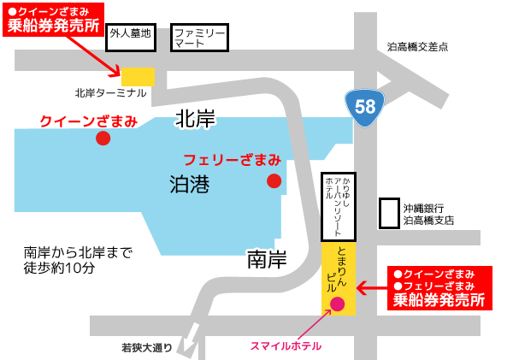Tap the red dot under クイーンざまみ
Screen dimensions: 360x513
coord(103,138)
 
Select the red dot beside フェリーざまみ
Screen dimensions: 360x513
coord(274,180)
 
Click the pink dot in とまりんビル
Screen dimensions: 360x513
coord(337,304)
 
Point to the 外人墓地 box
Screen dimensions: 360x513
coord(130,35)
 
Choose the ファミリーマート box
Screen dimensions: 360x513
coord(199,35)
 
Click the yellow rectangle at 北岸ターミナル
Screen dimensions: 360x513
coord(138,76)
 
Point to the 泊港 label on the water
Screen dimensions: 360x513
coord(191,184)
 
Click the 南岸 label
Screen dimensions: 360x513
coord(266,257)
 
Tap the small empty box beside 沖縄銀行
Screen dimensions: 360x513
coord(389,213)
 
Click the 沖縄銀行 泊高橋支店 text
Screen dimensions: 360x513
coord(428,214)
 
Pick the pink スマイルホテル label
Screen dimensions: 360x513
coord(286,346)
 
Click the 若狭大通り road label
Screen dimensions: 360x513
coord(146,348)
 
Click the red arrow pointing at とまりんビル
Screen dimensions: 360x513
coord(370,288)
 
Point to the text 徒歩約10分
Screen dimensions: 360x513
coord(60,268)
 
